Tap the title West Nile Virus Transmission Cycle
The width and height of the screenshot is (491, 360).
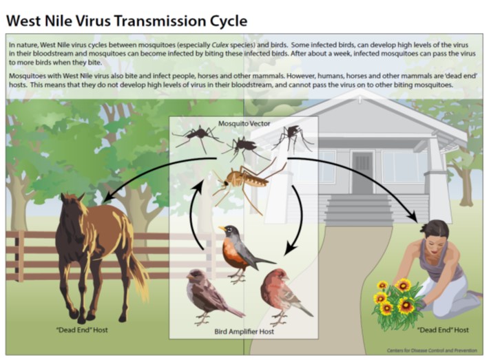[x=126, y=20]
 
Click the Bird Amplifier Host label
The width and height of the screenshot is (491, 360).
[x=244, y=332]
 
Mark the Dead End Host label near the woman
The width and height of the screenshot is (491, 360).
[x=443, y=330]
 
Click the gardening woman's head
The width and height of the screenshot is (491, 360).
[x=435, y=231]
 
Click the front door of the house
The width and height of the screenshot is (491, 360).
[x=362, y=171]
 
